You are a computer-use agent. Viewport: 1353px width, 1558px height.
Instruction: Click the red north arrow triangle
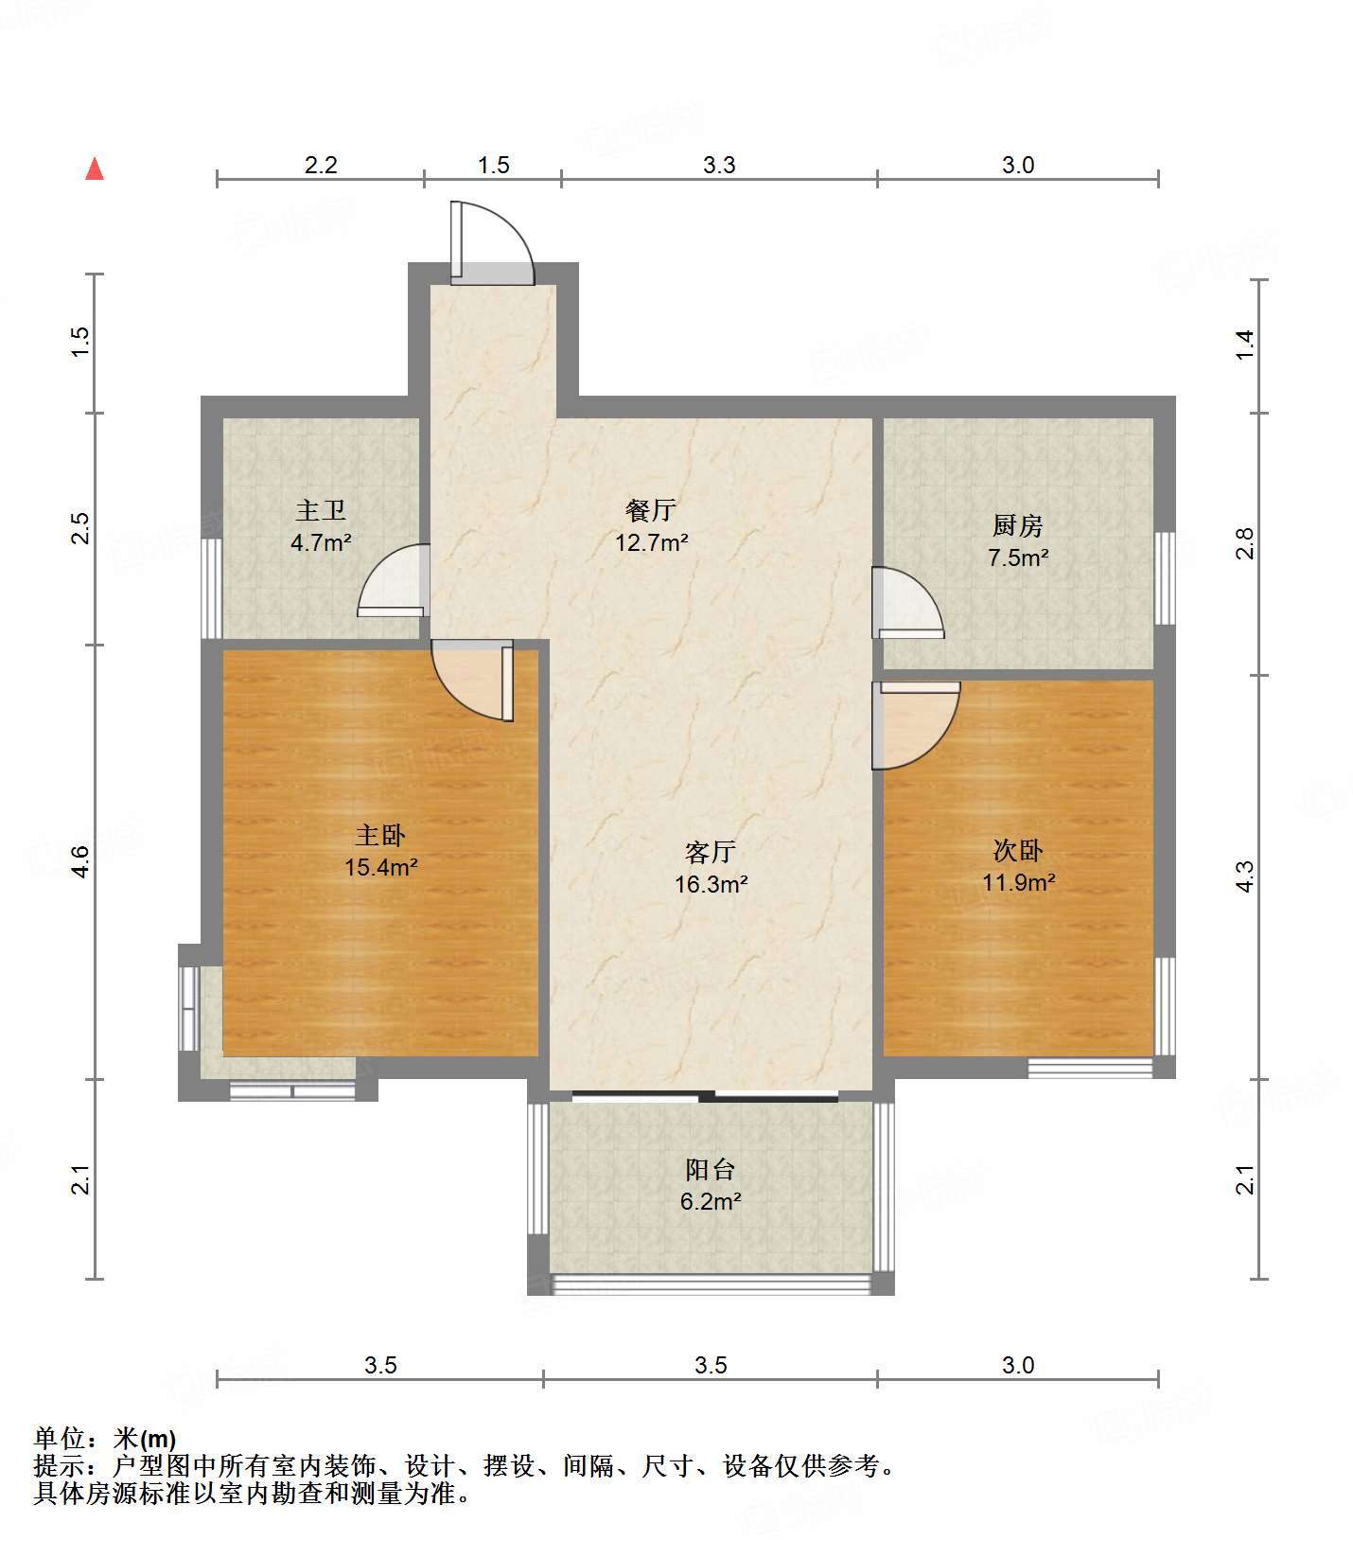(95, 168)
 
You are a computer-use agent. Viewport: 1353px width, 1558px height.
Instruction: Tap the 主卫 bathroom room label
(321, 511)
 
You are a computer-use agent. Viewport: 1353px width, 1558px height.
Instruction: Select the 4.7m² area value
(321, 543)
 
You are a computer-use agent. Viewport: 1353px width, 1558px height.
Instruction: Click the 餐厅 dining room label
(651, 510)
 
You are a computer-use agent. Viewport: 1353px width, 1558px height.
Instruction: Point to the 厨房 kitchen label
(1018, 524)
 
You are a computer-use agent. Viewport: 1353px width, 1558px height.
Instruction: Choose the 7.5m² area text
(1018, 558)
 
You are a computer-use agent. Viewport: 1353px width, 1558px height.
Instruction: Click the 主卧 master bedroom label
(380, 835)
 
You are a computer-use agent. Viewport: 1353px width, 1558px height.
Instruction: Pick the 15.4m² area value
(381, 867)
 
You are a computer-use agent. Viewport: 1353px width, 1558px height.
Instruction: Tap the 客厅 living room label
(711, 852)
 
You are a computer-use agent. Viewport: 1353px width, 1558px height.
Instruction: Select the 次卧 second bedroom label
(1018, 850)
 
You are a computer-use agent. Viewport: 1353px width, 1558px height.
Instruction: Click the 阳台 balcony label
(711, 1169)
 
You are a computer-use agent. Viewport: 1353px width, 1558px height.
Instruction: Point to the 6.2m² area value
(711, 1202)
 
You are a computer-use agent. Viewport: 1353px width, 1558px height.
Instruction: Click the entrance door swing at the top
(492, 242)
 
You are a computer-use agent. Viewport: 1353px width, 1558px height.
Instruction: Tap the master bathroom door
(394, 580)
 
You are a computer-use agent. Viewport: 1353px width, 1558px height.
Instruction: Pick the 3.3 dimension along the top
(719, 165)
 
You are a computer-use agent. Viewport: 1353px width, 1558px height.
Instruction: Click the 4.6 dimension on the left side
(81, 861)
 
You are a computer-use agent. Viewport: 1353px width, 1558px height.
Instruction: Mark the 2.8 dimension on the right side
(1245, 543)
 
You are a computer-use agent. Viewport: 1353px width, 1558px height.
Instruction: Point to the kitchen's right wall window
(1165, 577)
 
